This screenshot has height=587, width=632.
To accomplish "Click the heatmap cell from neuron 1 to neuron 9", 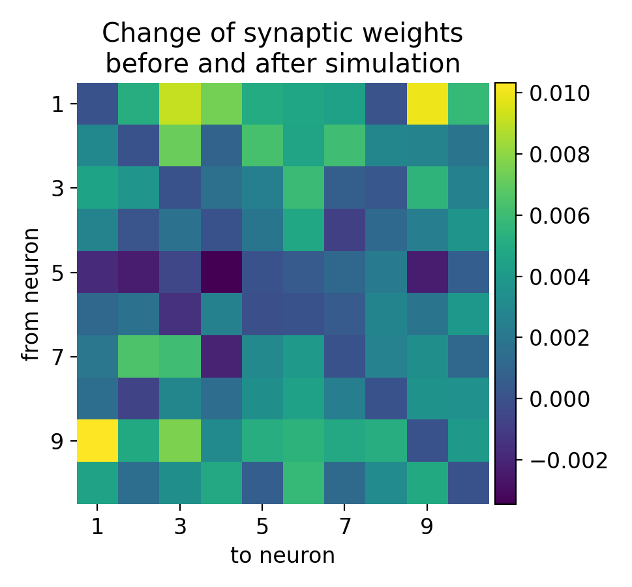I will pyautogui.click(x=427, y=104).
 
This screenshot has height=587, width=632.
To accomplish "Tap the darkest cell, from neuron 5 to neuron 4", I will pyautogui.click(x=221, y=273).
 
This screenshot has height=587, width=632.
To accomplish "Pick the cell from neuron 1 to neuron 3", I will pyautogui.click(x=180, y=104).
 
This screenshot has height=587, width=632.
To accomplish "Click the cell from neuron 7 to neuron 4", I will pyautogui.click(x=221, y=357).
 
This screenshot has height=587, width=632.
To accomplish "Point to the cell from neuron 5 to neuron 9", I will pyautogui.click(x=427, y=273).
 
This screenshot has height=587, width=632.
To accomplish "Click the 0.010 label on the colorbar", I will pyautogui.click(x=559, y=94).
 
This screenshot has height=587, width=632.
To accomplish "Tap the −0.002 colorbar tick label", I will pyautogui.click(x=567, y=461).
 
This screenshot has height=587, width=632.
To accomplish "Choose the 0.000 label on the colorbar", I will pyautogui.click(x=559, y=400).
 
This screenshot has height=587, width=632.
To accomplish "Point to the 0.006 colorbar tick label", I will pyautogui.click(x=559, y=216).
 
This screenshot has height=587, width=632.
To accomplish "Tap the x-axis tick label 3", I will pyautogui.click(x=180, y=526).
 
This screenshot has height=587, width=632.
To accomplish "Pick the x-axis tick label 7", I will pyautogui.click(x=344, y=526).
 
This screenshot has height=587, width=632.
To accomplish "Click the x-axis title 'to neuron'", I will pyautogui.click(x=282, y=556).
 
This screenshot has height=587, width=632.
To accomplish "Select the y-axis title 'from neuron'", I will pyautogui.click(x=31, y=293).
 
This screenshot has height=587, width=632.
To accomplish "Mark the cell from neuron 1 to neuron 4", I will pyautogui.click(x=221, y=104).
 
